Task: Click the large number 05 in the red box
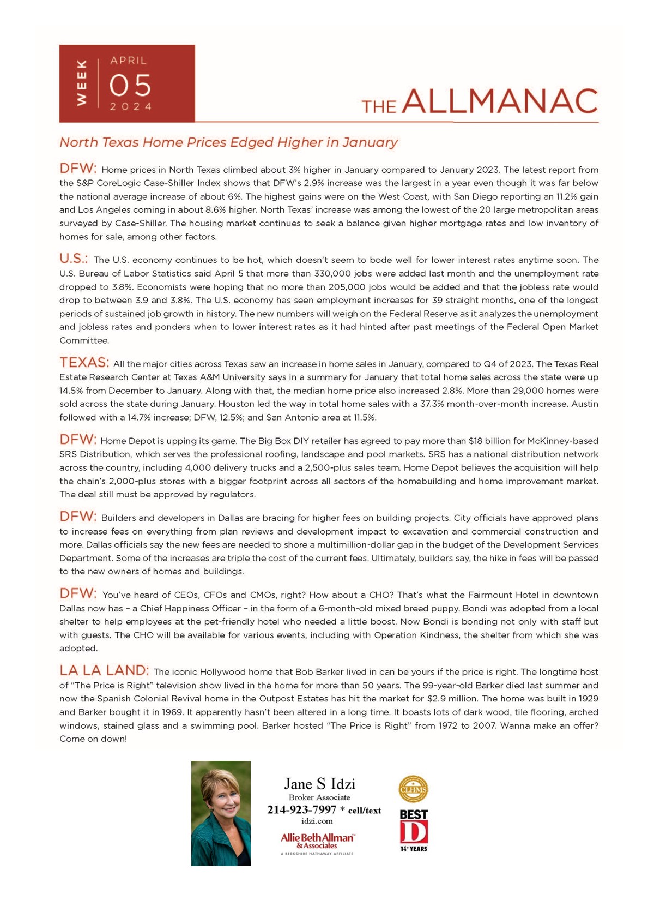tap(130, 86)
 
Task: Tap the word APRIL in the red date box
tap(129, 61)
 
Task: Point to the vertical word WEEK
tap(81, 83)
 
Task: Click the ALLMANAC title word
tap(500, 101)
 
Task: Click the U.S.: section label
tap(74, 259)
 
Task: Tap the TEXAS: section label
tap(84, 363)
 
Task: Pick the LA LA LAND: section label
tap(104, 670)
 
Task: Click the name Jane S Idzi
tap(319, 784)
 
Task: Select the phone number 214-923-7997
tap(301, 810)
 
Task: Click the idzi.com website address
tap(317, 821)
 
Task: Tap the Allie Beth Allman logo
tap(317, 841)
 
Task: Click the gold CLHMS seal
tap(414, 789)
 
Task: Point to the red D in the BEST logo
tap(414, 832)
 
